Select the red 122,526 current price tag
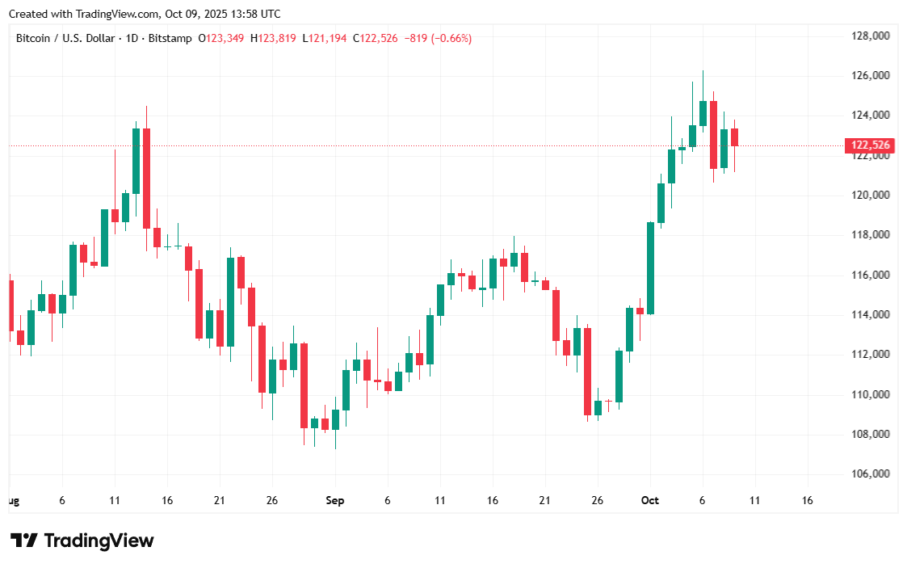click(x=869, y=145)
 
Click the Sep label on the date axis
click(x=335, y=501)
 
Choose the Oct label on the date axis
click(x=649, y=501)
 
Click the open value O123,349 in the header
click(x=223, y=38)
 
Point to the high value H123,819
click(x=275, y=38)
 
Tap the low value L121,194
click(x=328, y=38)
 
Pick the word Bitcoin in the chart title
click(x=33, y=38)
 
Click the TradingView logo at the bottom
click(x=82, y=541)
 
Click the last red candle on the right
click(x=734, y=137)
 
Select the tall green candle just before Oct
click(x=650, y=267)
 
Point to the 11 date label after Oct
click(x=754, y=501)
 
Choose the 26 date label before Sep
click(x=272, y=501)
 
